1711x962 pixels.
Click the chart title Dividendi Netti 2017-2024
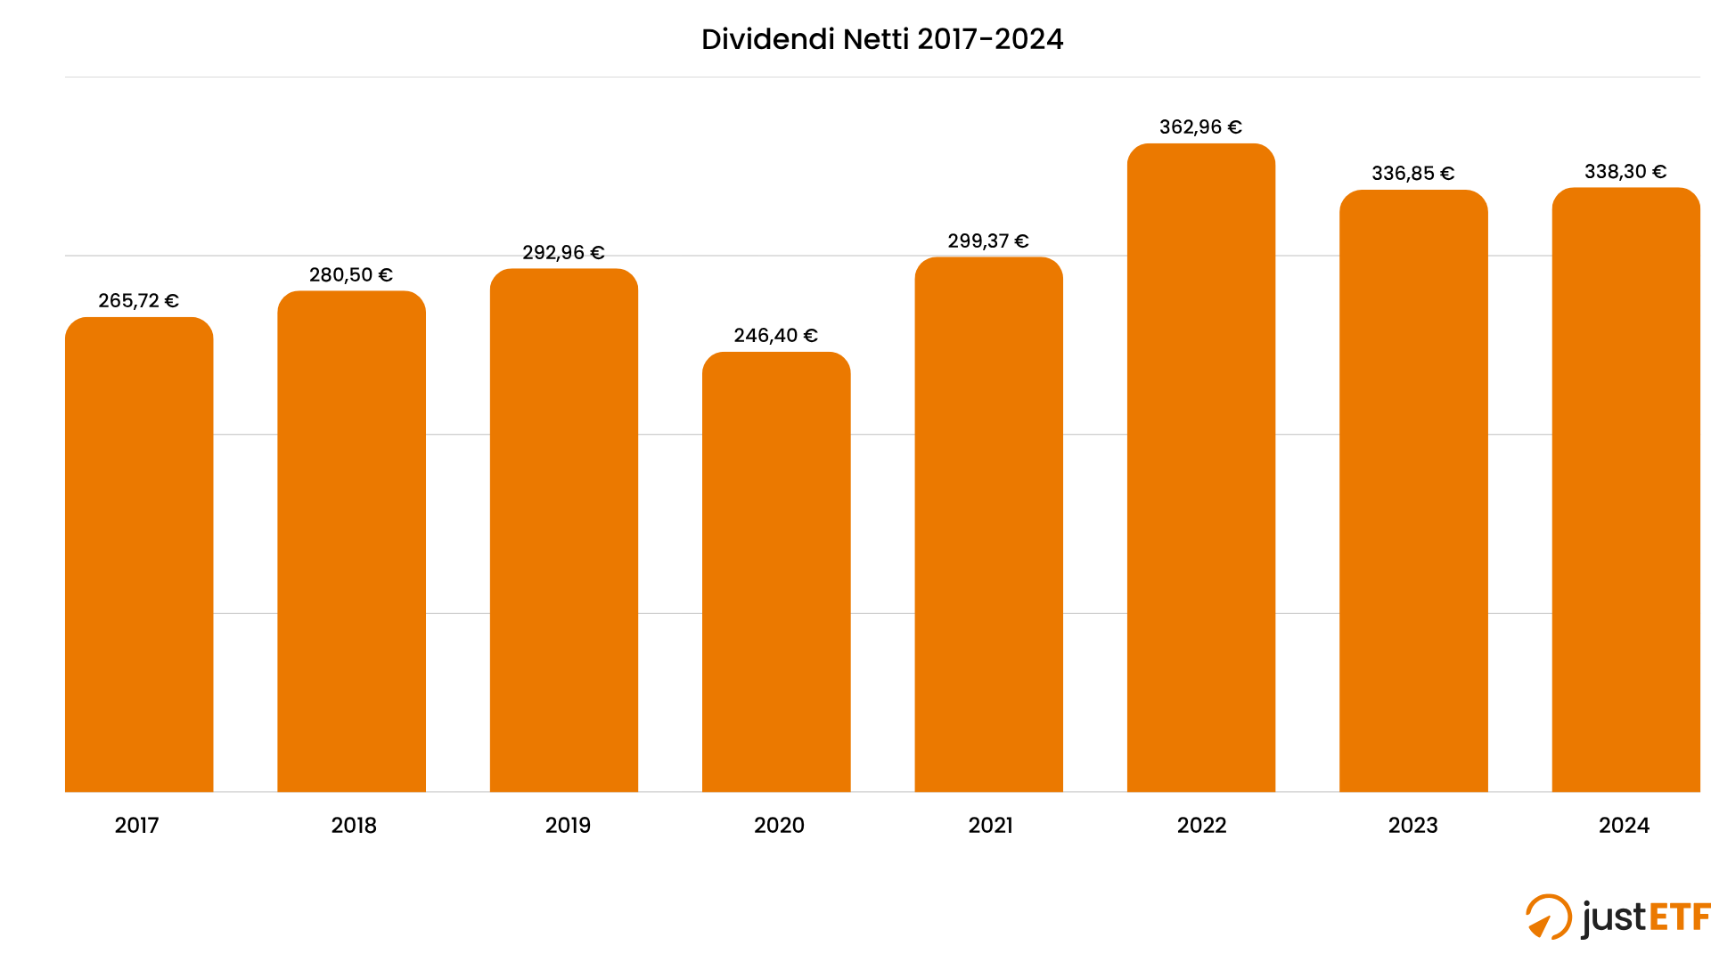point(881,39)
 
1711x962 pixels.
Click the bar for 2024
point(1625,490)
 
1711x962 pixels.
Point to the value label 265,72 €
point(138,301)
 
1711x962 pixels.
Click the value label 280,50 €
point(350,275)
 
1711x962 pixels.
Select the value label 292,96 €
point(563,253)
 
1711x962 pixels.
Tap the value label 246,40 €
point(775,336)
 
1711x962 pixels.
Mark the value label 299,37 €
point(987,241)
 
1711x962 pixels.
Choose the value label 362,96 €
point(1199,127)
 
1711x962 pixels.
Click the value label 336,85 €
point(1412,174)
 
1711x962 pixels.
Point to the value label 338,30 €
point(1625,172)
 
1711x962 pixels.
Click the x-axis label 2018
point(354,826)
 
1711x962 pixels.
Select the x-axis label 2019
point(568,826)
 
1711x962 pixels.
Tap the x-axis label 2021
point(990,826)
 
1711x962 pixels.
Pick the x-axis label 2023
point(1412,826)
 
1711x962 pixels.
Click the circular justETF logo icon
point(1548,917)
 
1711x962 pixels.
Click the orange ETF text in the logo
point(1679,917)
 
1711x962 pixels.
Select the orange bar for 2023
point(1413,490)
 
